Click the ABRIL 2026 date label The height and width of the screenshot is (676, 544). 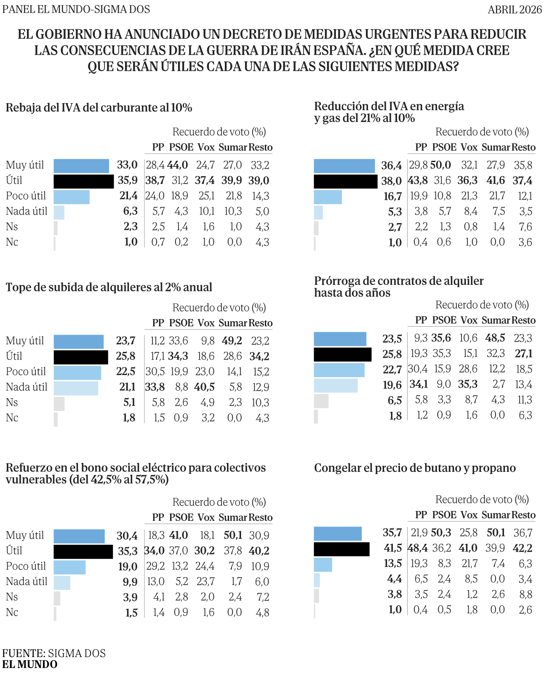click(515, 10)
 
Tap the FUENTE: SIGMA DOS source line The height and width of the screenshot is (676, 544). click(54, 653)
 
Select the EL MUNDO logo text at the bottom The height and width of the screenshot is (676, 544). click(30, 665)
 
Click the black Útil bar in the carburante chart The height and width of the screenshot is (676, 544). click(83, 181)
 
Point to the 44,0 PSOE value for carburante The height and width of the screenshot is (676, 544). click(177, 165)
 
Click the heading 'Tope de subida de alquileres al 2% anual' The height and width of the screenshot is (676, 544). click(109, 287)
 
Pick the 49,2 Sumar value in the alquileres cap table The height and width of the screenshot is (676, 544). click(232, 341)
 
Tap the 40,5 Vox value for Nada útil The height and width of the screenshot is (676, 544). click(206, 387)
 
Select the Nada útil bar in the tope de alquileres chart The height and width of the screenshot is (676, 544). click(76, 388)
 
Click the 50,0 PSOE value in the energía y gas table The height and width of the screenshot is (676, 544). click(440, 165)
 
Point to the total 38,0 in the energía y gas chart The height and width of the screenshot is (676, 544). click(391, 181)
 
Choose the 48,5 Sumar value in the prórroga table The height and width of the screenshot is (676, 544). click(495, 338)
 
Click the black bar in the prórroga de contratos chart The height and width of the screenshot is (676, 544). click(343, 354)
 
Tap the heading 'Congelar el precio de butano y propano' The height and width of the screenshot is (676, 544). click(415, 468)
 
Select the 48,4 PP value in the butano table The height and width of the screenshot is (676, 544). click(418, 548)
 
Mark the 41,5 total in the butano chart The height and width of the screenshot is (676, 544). click(392, 548)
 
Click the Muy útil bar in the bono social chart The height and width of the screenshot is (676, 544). click(79, 536)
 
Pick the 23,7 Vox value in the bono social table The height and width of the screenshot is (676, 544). click(206, 581)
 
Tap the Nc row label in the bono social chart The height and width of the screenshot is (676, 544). click(12, 612)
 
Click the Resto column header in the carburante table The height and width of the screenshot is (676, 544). click(261, 147)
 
